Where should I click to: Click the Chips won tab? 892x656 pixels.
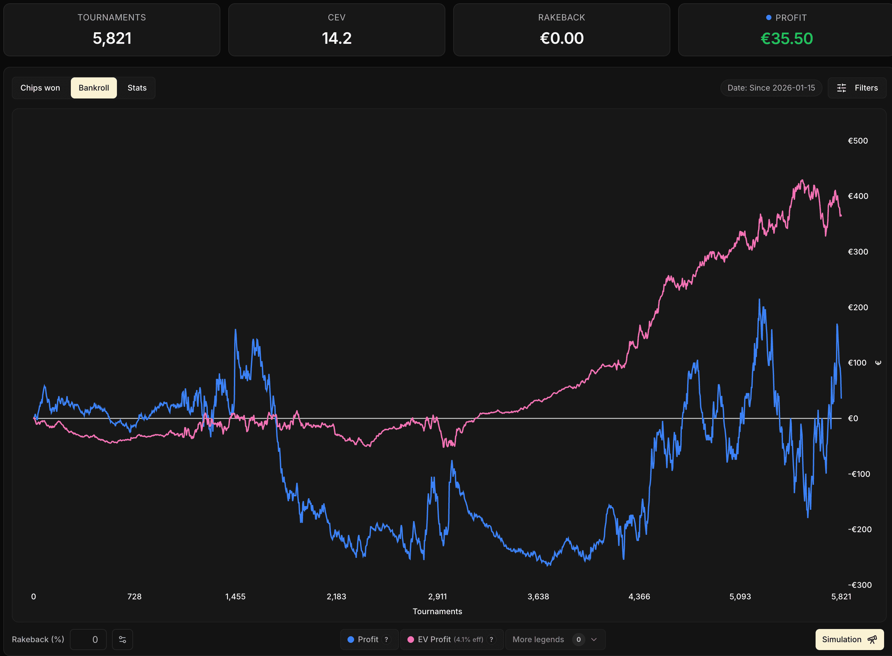40,88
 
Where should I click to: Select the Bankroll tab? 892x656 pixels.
94,88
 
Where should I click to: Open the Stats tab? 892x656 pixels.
137,88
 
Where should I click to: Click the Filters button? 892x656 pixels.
857,88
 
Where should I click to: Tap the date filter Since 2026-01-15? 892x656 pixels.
771,88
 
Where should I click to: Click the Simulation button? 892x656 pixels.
849,639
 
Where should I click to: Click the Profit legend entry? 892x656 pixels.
368,639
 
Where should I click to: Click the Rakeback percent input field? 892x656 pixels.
88,639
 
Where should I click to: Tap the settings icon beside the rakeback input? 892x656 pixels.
122,639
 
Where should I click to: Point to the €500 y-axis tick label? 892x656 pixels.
858,141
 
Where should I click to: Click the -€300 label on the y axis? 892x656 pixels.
859,585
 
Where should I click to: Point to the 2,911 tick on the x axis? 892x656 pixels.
437,596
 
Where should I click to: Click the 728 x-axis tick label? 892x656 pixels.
134,596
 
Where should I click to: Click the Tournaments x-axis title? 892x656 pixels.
437,611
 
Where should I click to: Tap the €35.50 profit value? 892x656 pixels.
786,39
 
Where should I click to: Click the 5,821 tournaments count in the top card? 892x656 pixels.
112,39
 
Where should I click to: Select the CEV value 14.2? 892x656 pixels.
336,39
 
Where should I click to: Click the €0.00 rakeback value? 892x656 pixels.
562,39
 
